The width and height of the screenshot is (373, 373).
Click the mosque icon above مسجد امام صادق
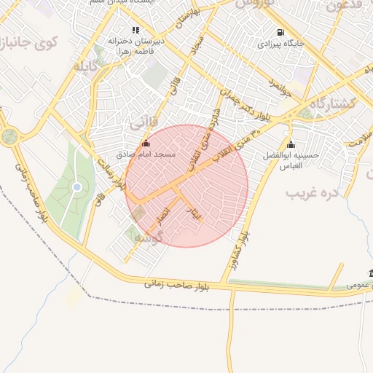pyautogui.click(x=146, y=144)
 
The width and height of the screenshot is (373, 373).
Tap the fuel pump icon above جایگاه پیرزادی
pyautogui.click(x=280, y=32)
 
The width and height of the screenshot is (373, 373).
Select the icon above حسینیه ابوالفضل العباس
pyautogui.click(x=291, y=144)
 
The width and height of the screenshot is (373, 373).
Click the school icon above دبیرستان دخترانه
pyautogui.click(x=136, y=30)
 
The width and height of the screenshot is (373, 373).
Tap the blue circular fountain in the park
pyautogui.click(x=76, y=188)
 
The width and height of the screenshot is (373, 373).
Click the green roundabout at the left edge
pyautogui.click(x=9, y=136)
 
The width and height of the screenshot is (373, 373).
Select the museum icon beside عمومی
pyautogui.click(x=371, y=274)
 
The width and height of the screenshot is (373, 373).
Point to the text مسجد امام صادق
pyautogui.click(x=146, y=155)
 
